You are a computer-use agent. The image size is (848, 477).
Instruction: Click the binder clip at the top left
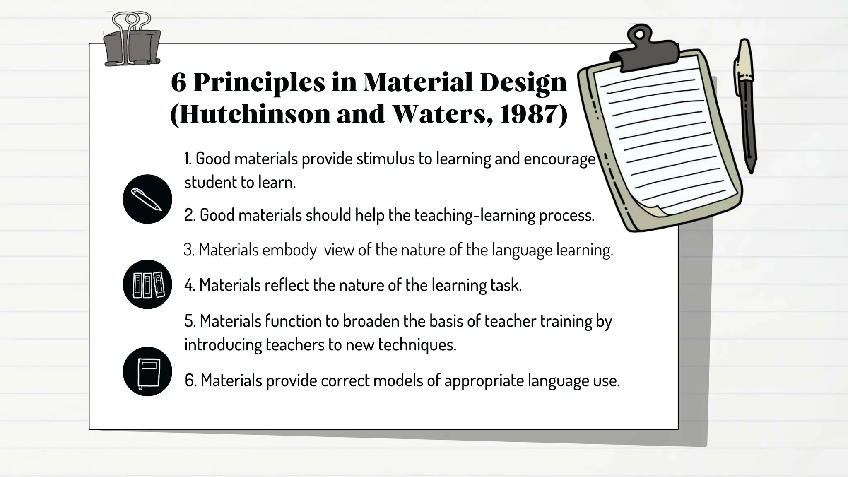point(132,41)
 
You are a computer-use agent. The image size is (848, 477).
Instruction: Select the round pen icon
point(147,199)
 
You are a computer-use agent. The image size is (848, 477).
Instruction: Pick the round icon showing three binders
point(147,284)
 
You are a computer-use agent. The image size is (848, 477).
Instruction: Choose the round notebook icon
point(147,371)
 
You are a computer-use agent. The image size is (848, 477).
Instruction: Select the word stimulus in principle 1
point(385,159)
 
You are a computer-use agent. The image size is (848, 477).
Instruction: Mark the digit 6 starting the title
point(178,83)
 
